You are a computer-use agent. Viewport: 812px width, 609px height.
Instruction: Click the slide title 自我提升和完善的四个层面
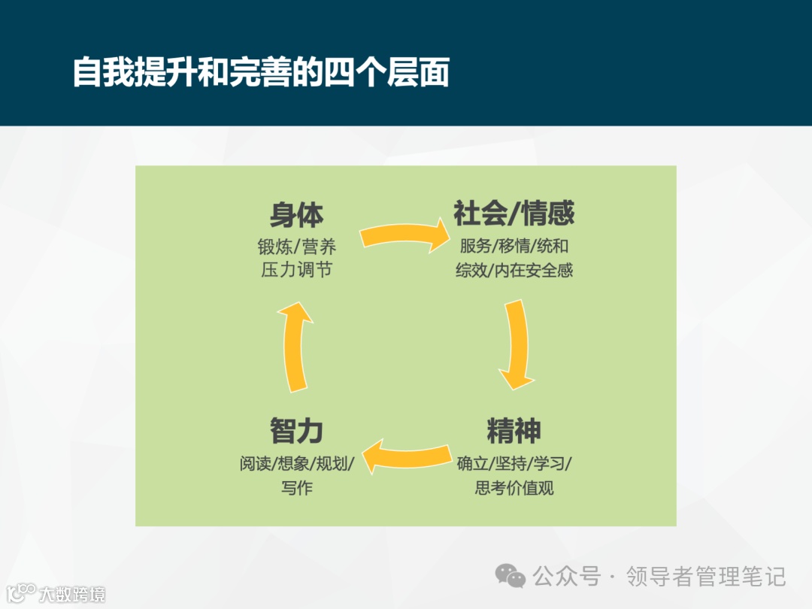tap(261, 74)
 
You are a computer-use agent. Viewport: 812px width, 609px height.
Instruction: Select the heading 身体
tap(296, 216)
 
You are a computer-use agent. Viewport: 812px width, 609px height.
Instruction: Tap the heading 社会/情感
tap(514, 214)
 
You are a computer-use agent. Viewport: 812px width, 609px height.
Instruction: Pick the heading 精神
tap(514, 432)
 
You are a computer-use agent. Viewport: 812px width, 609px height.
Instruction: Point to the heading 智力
tap(296, 432)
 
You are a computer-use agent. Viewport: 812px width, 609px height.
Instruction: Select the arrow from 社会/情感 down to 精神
tap(517, 344)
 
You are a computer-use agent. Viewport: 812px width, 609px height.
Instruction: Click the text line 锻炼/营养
tap(296, 247)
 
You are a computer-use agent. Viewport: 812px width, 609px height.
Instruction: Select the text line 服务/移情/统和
tap(514, 247)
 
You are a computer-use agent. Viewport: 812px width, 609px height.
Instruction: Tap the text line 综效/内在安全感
tap(514, 270)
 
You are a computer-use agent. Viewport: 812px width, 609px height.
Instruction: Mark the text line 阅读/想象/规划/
tap(296, 463)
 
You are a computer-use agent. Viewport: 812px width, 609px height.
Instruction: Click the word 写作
tap(296, 487)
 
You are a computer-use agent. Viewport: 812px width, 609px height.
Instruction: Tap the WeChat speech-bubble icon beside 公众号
tap(511, 577)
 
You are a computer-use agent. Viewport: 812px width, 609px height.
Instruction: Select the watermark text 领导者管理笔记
tap(706, 577)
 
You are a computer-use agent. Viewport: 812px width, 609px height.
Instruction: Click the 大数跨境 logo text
tap(72, 595)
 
